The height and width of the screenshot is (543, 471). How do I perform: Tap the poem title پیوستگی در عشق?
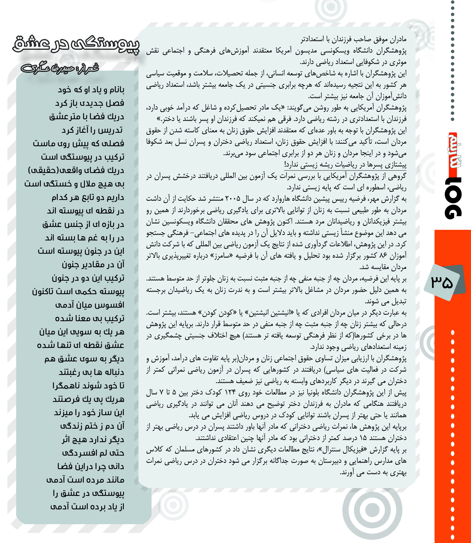(76, 45)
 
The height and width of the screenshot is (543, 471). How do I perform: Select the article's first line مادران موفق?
(353, 40)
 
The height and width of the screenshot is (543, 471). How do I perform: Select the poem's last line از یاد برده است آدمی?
(87, 507)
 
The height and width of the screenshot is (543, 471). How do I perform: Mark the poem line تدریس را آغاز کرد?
(92, 130)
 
